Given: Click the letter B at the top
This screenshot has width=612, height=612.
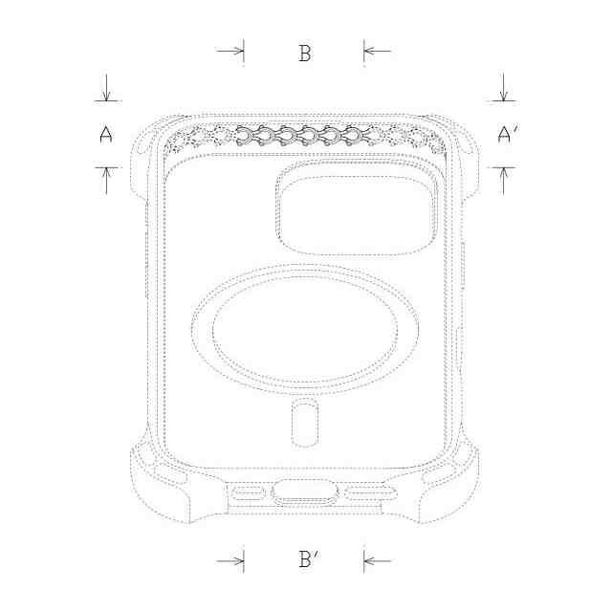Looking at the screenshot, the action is (305, 54).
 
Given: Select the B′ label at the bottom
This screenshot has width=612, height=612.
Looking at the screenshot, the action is (308, 558).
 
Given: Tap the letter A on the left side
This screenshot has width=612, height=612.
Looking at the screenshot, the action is (106, 134).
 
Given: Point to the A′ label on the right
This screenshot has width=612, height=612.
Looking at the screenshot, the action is (508, 134).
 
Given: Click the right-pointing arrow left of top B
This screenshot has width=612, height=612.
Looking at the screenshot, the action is (230, 51).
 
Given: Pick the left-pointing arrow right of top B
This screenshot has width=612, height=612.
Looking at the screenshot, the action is (377, 51).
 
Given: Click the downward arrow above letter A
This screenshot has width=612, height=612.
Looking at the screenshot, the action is (106, 87).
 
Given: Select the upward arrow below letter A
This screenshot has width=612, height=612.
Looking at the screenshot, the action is (106, 181).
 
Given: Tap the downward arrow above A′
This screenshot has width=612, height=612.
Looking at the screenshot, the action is (504, 87).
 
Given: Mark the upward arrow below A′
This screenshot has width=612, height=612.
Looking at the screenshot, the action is (504, 181).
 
